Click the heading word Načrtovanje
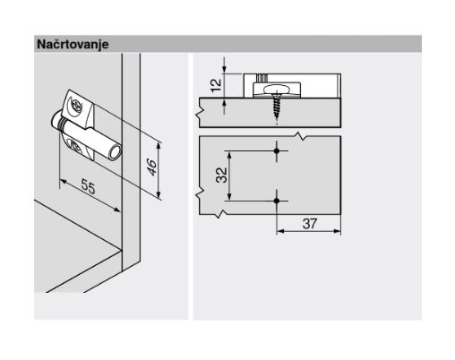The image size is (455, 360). pos(73,45)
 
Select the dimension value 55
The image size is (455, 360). pos(89,186)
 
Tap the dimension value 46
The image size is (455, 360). pos(151,167)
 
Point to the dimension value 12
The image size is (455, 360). pos(217,85)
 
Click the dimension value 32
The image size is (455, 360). pos(221,176)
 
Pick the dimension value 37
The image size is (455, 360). pos(309,224)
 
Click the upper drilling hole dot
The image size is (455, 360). pos(277,150)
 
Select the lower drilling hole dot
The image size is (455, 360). pos(277,201)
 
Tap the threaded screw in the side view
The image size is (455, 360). pos(277,106)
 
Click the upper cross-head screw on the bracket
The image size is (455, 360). pos(77,105)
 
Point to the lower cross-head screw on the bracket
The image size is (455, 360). pos(76,146)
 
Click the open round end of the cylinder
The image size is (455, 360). pos(115,152)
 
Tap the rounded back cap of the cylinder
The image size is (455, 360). pos(56,119)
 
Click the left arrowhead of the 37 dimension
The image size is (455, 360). pos(280,231)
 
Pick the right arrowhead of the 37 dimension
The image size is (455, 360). pos(337,231)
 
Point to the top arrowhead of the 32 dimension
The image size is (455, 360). pos(229,155)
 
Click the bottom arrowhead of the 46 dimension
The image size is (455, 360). pos(159,195)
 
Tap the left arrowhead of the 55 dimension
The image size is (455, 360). pos(64,182)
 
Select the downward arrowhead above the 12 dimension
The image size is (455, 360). pos(225,69)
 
